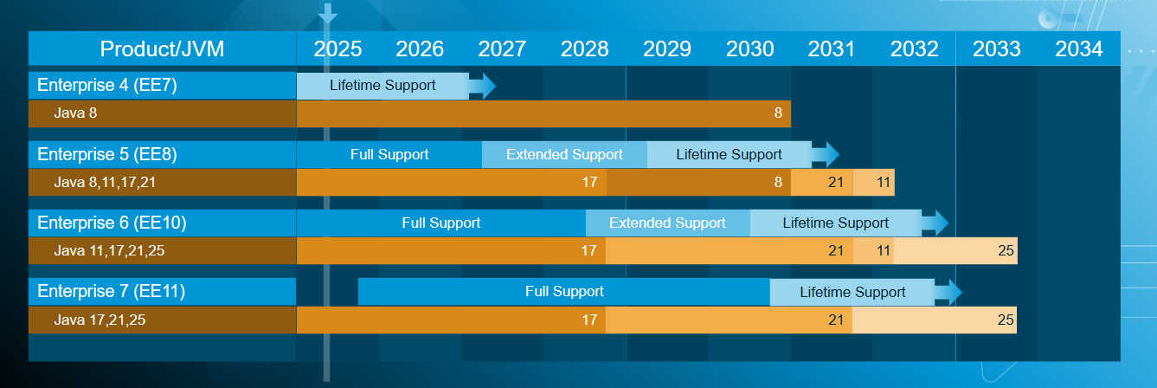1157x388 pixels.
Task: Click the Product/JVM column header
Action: pos(162,49)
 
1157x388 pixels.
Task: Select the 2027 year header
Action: pos(502,49)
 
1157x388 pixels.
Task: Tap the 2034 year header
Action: pos(1079,49)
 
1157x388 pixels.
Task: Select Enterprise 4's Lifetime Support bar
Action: pos(382,85)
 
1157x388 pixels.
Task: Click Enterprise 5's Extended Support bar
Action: pos(564,154)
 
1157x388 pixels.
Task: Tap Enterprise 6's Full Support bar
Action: pos(440,223)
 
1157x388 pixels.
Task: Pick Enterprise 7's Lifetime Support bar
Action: pos(852,292)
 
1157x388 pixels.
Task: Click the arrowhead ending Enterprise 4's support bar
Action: pos(485,85)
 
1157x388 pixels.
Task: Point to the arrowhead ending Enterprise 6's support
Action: pos(937,223)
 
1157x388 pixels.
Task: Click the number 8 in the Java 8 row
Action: pos(778,113)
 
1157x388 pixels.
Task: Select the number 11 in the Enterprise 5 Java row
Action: pos(883,182)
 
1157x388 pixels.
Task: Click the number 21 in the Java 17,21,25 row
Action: pos(835,320)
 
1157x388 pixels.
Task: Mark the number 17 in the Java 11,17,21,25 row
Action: pos(589,251)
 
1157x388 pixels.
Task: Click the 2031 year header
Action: pos(831,49)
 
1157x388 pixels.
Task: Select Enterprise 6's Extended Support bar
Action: pos(667,223)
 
